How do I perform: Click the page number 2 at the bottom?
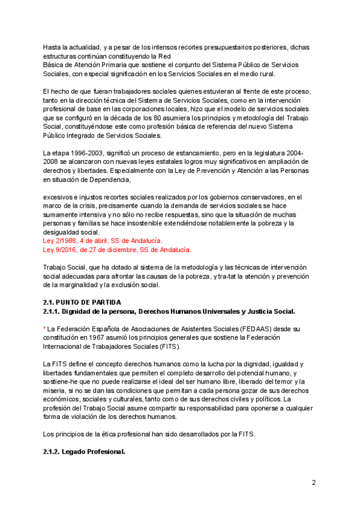point(313,482)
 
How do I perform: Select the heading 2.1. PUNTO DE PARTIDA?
point(82,301)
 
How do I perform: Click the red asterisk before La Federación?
point(44,329)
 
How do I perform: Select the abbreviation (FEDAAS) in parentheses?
point(257,329)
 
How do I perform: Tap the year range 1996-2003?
point(85,153)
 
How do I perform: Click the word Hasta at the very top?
point(52,47)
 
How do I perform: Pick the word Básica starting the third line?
point(54,65)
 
